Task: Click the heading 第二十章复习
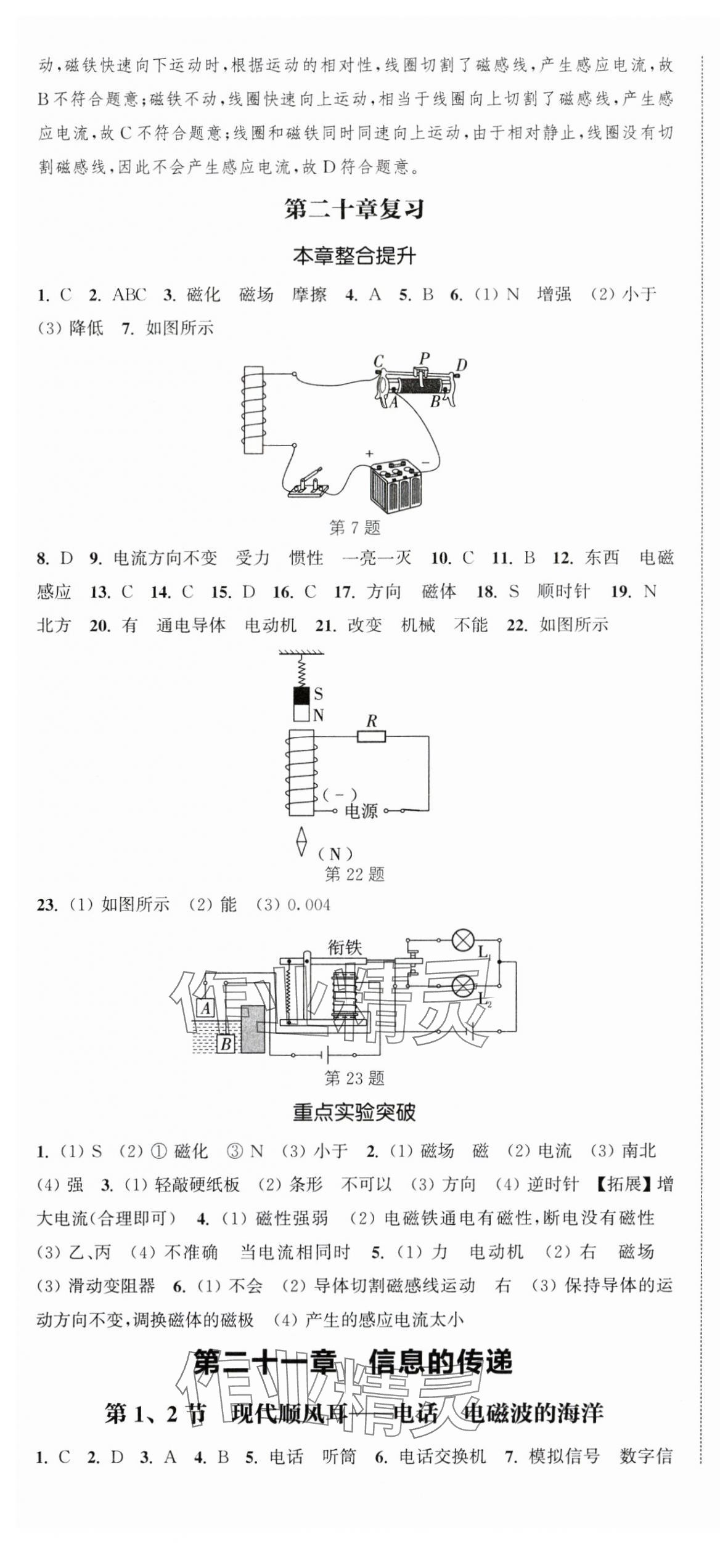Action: [354, 210]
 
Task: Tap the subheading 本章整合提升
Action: [354, 256]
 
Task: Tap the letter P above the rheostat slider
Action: [424, 357]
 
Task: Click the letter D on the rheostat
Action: [461, 365]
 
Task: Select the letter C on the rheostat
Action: [379, 361]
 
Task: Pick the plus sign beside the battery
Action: [369, 454]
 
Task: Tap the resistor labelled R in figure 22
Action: [371, 735]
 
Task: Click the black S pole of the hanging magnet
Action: [301, 695]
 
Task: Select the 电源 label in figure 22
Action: [361, 811]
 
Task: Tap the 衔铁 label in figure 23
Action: [345, 948]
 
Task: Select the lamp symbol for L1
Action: [462, 940]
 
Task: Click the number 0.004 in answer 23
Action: [308, 905]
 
